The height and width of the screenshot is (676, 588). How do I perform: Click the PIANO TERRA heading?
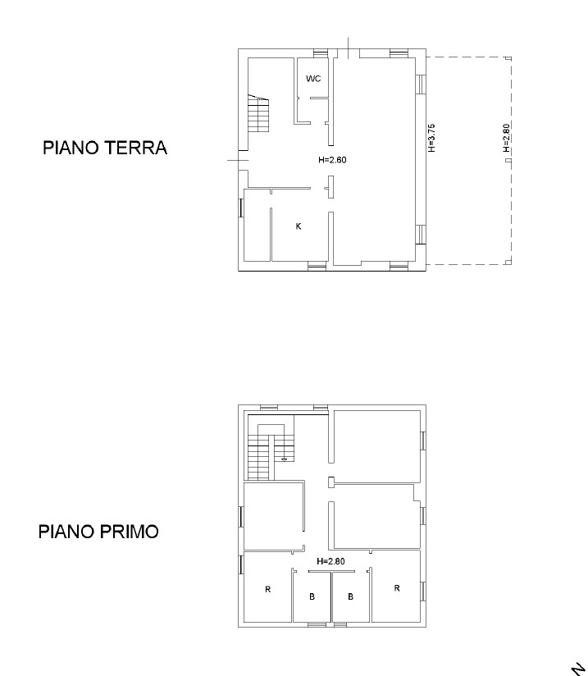pyautogui.click(x=105, y=148)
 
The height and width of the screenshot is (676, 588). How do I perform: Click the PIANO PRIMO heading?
pyautogui.click(x=98, y=531)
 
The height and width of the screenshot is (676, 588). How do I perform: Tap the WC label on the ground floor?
pyautogui.click(x=313, y=79)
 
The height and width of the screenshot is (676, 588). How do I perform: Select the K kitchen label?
pyautogui.click(x=299, y=226)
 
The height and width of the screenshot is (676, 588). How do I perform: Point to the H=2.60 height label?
pyautogui.click(x=332, y=160)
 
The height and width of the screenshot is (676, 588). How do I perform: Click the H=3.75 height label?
pyautogui.click(x=432, y=138)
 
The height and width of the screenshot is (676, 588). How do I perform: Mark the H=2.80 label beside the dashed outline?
pyautogui.click(x=507, y=138)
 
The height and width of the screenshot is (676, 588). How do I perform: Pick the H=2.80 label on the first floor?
pyautogui.click(x=330, y=561)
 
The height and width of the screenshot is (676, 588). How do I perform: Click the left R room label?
pyautogui.click(x=267, y=589)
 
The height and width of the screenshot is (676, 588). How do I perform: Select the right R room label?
pyautogui.click(x=397, y=587)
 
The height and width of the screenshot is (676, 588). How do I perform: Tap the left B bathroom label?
pyautogui.click(x=312, y=596)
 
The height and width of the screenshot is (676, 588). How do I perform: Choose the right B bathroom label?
pyautogui.click(x=350, y=596)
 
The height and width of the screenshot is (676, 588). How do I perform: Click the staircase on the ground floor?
pyautogui.click(x=258, y=113)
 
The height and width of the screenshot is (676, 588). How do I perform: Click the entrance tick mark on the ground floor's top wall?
pyautogui.click(x=349, y=48)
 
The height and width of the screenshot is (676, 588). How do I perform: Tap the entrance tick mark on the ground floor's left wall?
pyautogui.click(x=238, y=160)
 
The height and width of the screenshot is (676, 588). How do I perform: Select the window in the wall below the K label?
pyautogui.click(x=317, y=267)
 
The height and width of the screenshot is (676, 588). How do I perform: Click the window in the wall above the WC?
pyautogui.click(x=321, y=53)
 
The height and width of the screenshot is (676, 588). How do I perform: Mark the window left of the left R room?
pyautogui.click(x=241, y=564)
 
